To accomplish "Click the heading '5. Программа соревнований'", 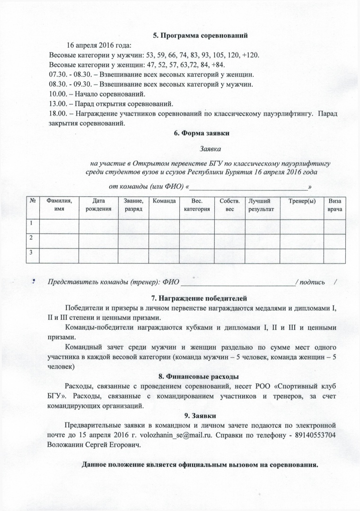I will tap(200, 35).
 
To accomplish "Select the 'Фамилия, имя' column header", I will tap(59, 205).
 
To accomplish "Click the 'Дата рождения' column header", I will tap(98, 205).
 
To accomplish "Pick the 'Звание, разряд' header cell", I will tap(133, 205).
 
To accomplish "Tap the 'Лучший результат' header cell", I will tap(261, 205).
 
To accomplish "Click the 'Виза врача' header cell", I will tap(335, 205).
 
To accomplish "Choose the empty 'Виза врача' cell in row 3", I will tap(335, 255).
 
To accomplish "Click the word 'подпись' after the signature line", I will tap(312, 283).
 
